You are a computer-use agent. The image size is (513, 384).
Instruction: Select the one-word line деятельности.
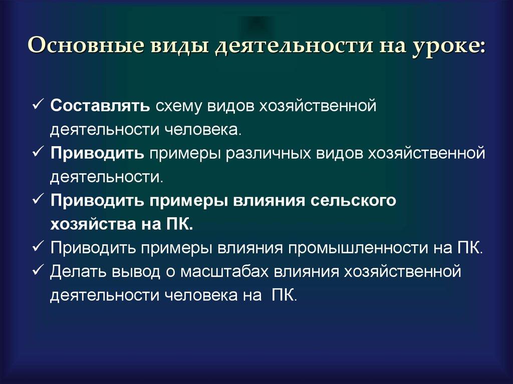[x=105, y=177]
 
